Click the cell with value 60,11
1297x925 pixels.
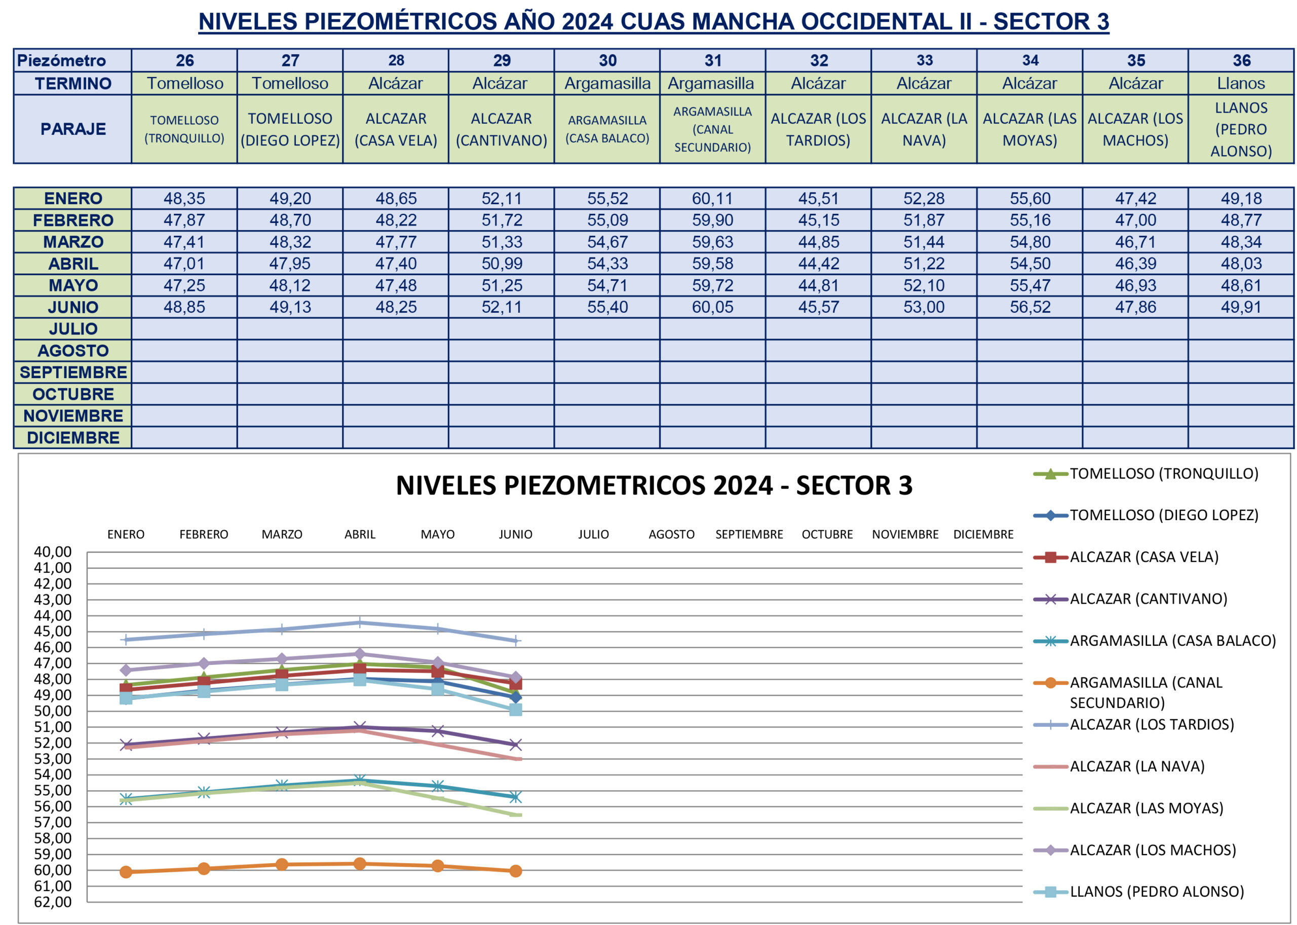pyautogui.click(x=712, y=198)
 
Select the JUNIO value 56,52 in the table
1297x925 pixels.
pyautogui.click(x=1029, y=307)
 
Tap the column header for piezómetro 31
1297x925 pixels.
pyautogui.click(x=712, y=60)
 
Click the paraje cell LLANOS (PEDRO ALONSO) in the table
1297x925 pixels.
pyautogui.click(x=1241, y=129)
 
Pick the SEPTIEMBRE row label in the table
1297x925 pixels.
pyautogui.click(x=73, y=373)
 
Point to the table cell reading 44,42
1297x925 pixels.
pyautogui.click(x=818, y=264)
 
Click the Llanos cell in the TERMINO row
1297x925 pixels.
pyautogui.click(x=1241, y=84)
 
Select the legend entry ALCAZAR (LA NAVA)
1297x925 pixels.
pyautogui.click(x=1136, y=767)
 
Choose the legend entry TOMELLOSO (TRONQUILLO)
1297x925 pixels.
pyautogui.click(x=1163, y=473)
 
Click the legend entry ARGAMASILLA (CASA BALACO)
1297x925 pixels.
pyautogui.click(x=1172, y=641)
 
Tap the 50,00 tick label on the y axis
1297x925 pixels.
pyautogui.click(x=53, y=711)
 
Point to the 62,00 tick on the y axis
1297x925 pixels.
pyautogui.click(x=53, y=902)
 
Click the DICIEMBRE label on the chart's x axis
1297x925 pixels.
pyautogui.click(x=983, y=534)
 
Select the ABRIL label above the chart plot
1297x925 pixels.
pyautogui.click(x=360, y=534)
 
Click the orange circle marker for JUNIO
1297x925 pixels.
pyautogui.click(x=515, y=871)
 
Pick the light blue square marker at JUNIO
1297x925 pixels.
pyautogui.click(x=515, y=710)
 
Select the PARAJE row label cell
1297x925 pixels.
pyautogui.click(x=73, y=129)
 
